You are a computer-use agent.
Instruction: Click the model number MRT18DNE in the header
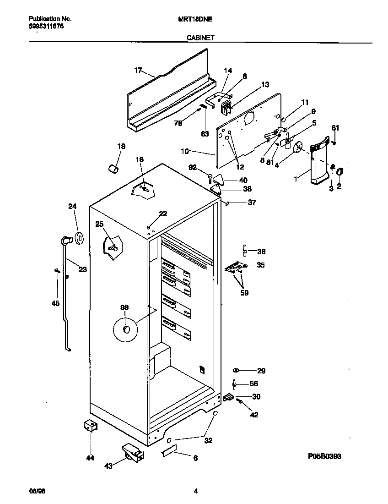pos(194,19)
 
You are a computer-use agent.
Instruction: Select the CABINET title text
pos(200,39)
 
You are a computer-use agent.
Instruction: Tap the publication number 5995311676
pos(46,27)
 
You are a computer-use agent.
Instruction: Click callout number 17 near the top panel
pos(138,70)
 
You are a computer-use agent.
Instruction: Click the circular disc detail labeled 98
pos(126,330)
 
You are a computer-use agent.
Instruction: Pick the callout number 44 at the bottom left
pos(90,458)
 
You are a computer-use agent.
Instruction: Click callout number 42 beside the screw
pos(254,415)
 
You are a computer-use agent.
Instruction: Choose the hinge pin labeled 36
pos(245,251)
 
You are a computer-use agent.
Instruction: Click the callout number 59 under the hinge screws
pos(244,293)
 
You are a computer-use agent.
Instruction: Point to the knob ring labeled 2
pos(339,172)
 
